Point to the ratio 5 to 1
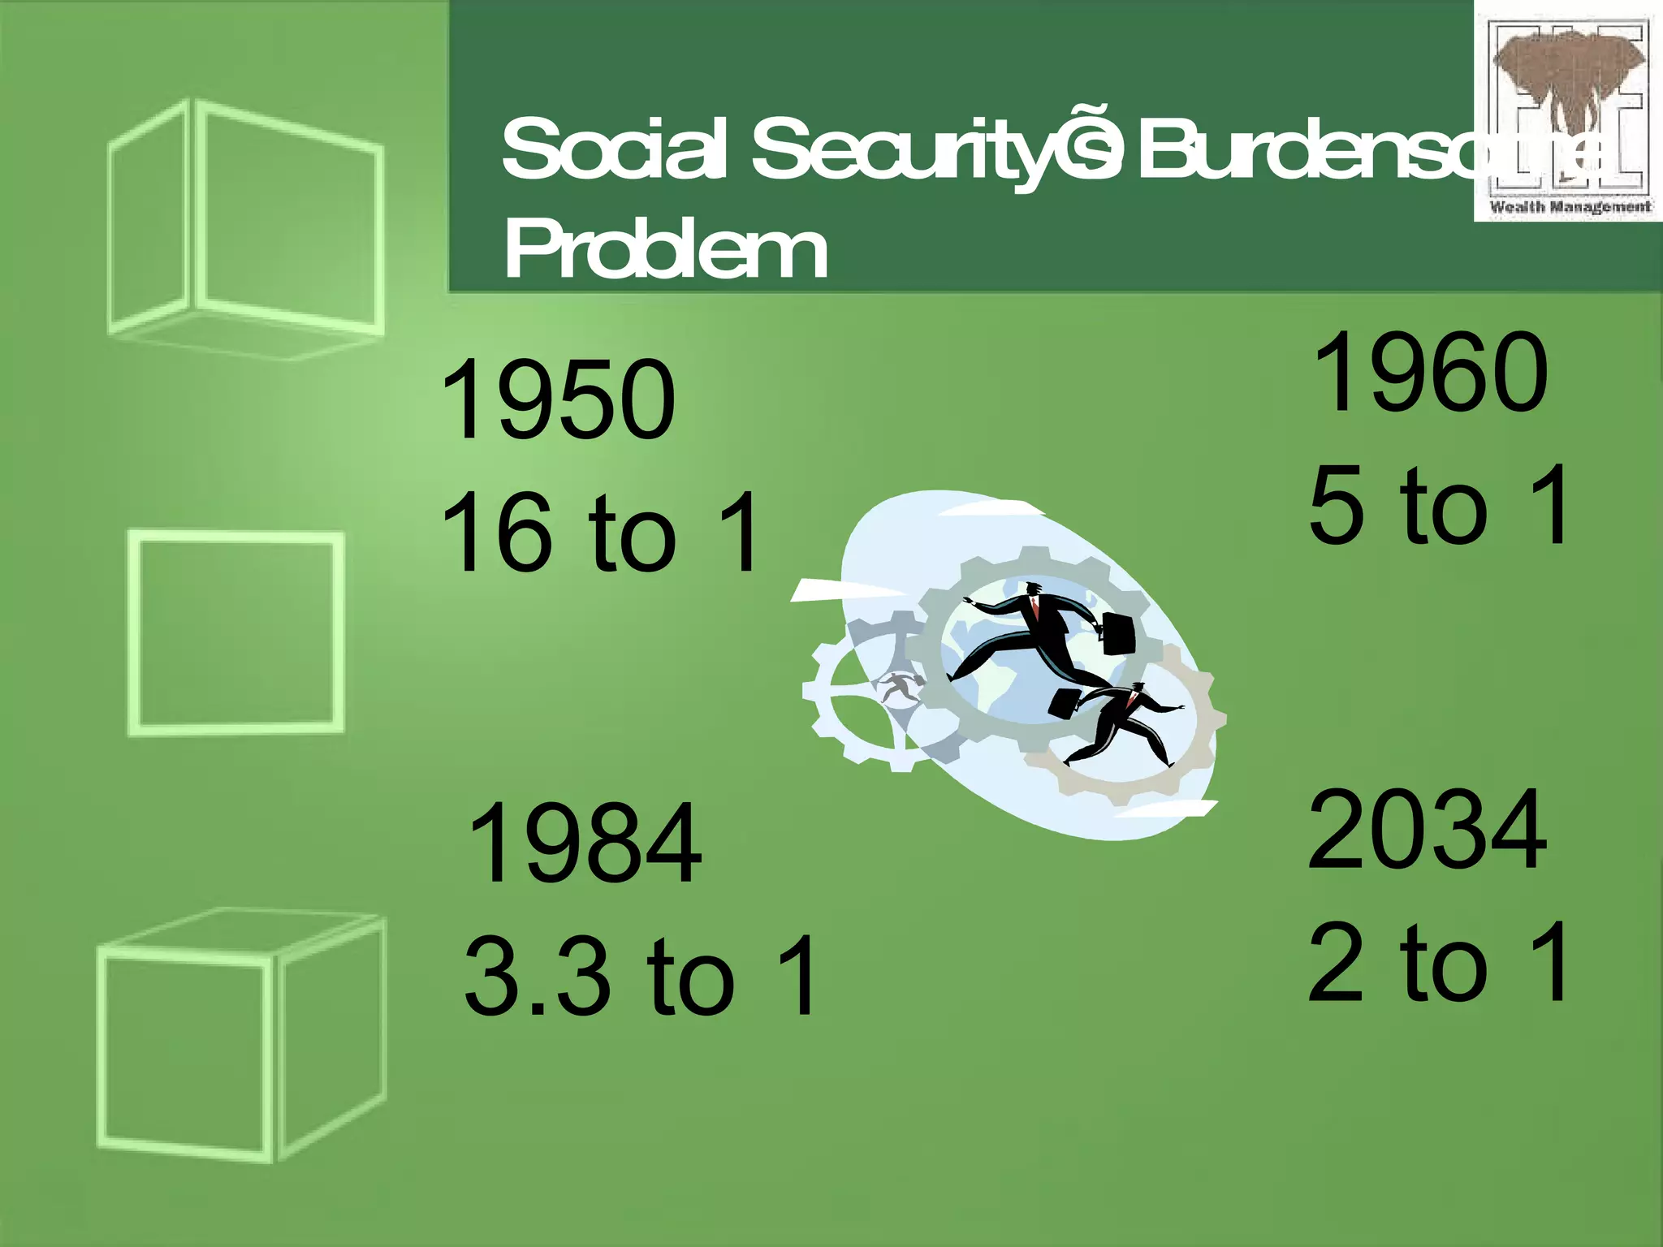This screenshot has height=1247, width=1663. (1439, 505)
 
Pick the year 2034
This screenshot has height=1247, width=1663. (1428, 830)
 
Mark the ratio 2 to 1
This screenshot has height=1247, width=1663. (1439, 961)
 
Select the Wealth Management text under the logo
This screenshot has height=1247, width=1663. (1569, 207)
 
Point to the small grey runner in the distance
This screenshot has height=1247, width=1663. (900, 688)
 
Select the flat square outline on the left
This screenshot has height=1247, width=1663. (235, 633)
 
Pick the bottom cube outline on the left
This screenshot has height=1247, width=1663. (240, 1035)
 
